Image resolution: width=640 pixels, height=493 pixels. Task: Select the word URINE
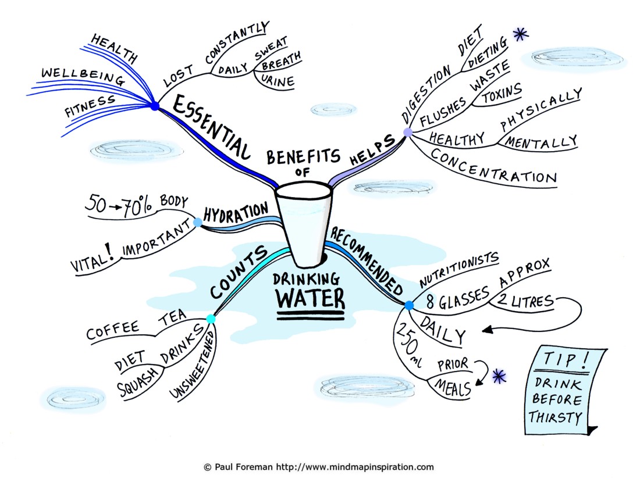(x=278, y=81)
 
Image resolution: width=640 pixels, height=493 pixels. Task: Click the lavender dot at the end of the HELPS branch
(x=408, y=132)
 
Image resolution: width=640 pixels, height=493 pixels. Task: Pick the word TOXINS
(x=502, y=92)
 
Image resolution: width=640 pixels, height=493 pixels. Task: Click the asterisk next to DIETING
(x=520, y=34)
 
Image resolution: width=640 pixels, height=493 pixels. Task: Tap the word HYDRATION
(x=236, y=213)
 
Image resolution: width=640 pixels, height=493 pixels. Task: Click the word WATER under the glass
(x=311, y=298)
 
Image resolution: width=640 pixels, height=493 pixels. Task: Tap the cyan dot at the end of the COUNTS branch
(x=211, y=319)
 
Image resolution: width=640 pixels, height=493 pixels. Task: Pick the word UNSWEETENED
(x=192, y=365)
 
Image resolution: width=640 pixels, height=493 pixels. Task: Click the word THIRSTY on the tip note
(x=556, y=417)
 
